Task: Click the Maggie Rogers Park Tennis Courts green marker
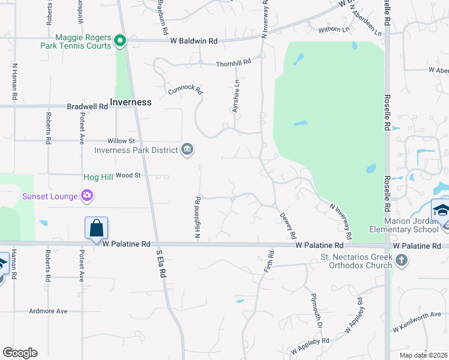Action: (119, 41)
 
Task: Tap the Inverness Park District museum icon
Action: (187, 149)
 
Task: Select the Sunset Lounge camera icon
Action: (88, 196)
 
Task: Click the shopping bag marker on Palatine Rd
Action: (96, 229)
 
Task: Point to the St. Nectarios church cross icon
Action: (402, 260)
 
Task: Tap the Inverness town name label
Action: (130, 102)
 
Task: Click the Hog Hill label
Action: (97, 176)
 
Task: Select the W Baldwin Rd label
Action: (194, 41)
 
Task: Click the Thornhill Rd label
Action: (233, 62)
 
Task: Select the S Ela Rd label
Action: (161, 262)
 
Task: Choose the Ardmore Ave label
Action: (49, 311)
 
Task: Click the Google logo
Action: (20, 353)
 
